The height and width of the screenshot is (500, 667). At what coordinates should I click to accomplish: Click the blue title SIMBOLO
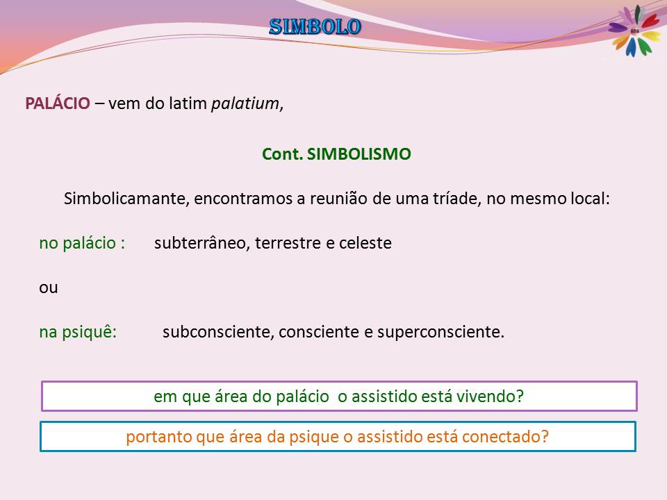pos(315,27)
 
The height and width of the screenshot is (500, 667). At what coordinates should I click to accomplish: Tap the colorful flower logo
pos(634,31)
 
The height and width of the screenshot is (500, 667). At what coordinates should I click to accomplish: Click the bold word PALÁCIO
pos(58,103)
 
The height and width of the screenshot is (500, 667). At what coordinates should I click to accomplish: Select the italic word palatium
pos(245,103)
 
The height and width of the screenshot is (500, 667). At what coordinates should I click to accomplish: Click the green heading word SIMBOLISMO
pos(359,154)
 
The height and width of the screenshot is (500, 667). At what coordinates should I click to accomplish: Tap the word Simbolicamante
pos(126,199)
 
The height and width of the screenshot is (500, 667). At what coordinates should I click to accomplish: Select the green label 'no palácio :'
pos(82,243)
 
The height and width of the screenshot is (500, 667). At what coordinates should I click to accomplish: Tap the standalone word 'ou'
pos(49,287)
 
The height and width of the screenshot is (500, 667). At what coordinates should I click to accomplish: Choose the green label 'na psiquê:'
pos(78,332)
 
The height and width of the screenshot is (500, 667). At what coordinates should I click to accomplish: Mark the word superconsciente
pos(440,332)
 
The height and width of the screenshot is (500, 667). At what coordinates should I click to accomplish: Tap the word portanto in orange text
pos(158,437)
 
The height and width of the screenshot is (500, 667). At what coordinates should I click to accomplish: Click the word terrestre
pos(288,243)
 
